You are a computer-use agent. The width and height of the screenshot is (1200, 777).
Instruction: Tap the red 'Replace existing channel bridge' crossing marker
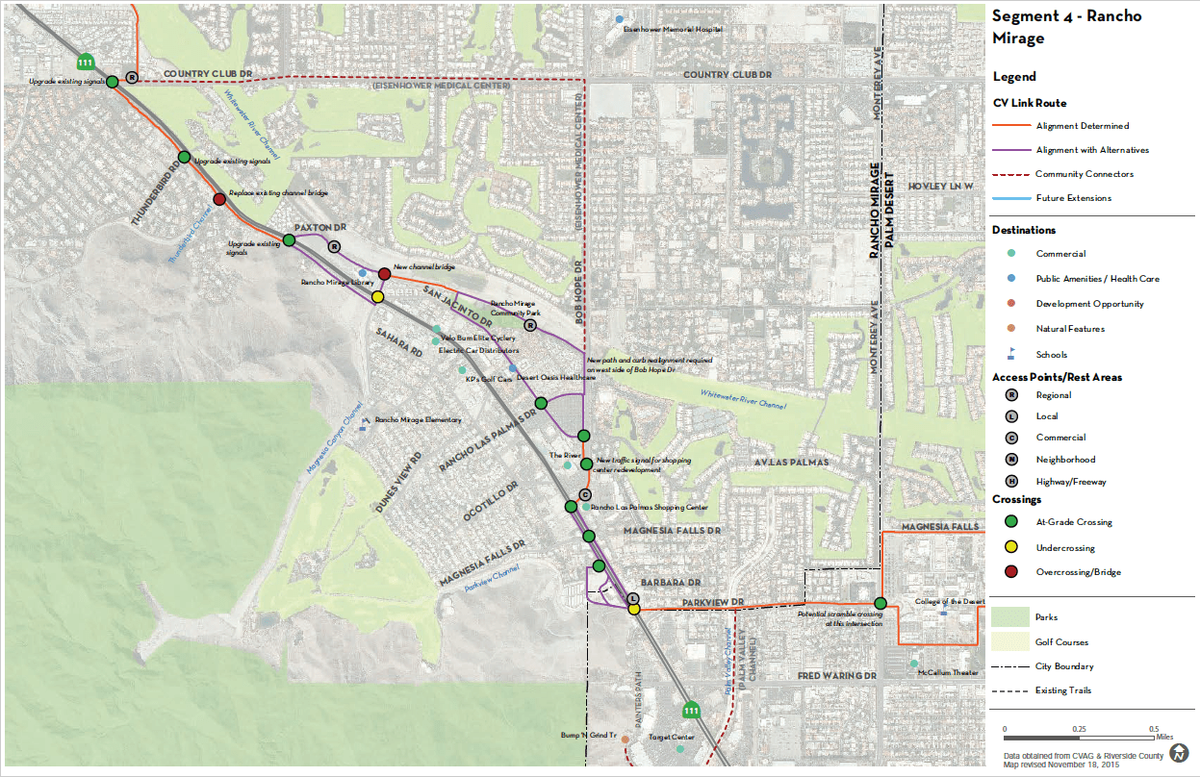tap(219, 199)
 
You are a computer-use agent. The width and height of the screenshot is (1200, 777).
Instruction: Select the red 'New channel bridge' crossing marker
tap(384, 274)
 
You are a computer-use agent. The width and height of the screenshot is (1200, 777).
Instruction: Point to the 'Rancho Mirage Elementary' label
tap(418, 420)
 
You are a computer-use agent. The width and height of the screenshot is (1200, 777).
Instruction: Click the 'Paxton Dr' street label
tap(320, 227)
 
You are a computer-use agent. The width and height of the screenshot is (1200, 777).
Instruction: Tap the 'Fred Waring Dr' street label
tap(837, 676)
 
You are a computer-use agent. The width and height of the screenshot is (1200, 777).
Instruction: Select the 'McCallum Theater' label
tap(947, 673)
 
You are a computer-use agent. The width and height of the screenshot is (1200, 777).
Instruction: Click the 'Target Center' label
tap(671, 738)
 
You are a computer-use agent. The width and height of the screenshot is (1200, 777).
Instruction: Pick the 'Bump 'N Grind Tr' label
tap(588, 736)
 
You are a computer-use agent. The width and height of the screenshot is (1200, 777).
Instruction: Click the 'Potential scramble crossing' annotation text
tap(840, 618)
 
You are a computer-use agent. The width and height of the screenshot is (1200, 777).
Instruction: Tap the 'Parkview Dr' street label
tap(711, 602)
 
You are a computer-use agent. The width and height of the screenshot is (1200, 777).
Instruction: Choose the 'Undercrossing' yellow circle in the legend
tap(1010, 547)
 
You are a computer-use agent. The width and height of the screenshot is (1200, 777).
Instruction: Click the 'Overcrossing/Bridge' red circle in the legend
tap(1010, 572)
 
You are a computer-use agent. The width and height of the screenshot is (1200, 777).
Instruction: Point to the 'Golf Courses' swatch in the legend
tap(1009, 641)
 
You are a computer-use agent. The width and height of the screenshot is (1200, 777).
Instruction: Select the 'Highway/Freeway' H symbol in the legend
tap(1010, 481)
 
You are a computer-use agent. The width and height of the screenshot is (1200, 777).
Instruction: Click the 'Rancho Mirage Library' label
tap(336, 283)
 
